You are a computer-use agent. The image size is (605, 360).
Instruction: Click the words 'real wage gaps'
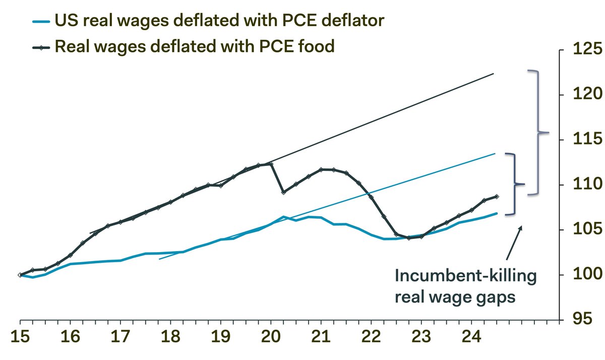click(455, 297)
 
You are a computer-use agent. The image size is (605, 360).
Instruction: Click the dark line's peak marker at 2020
click(271, 164)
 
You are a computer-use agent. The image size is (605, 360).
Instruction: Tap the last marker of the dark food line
click(497, 196)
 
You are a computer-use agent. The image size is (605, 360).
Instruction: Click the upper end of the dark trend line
click(493, 74)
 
